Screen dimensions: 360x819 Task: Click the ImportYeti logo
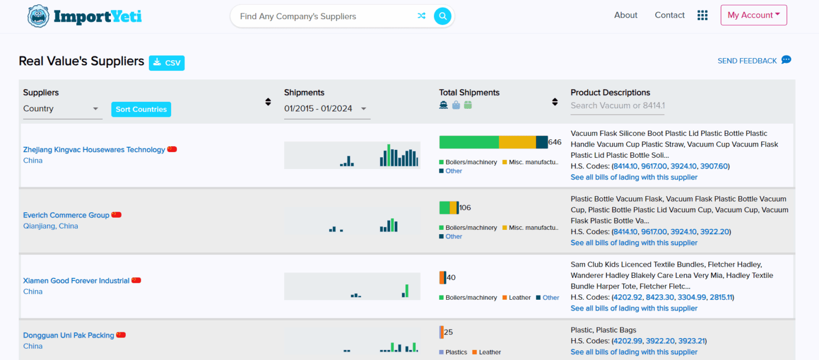(85, 17)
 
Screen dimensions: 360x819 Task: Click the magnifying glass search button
(442, 16)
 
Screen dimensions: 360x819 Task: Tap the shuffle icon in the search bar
(421, 16)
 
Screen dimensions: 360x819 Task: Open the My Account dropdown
(753, 15)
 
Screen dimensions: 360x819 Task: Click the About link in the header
(625, 15)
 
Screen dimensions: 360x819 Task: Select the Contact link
(669, 15)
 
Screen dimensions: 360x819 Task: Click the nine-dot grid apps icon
(702, 15)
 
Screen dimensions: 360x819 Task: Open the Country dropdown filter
(62, 109)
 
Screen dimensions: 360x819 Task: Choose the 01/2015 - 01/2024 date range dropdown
(326, 109)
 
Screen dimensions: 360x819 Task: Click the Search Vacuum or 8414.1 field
(617, 106)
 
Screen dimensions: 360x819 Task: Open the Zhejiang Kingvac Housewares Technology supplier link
(94, 150)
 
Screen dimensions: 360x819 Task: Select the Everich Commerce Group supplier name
(66, 215)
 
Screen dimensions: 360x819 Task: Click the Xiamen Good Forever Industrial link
(76, 281)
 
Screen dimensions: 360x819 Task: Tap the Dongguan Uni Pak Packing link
(68, 335)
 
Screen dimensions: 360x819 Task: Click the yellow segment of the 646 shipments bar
(517, 142)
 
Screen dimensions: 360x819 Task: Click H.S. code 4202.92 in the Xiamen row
(628, 297)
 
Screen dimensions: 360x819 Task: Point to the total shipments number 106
(465, 207)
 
